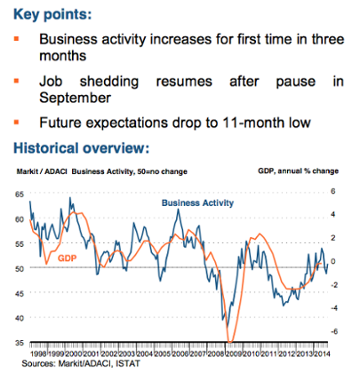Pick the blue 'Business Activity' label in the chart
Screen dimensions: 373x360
197,203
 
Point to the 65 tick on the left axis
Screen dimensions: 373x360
20,192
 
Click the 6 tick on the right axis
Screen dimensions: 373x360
333,192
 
